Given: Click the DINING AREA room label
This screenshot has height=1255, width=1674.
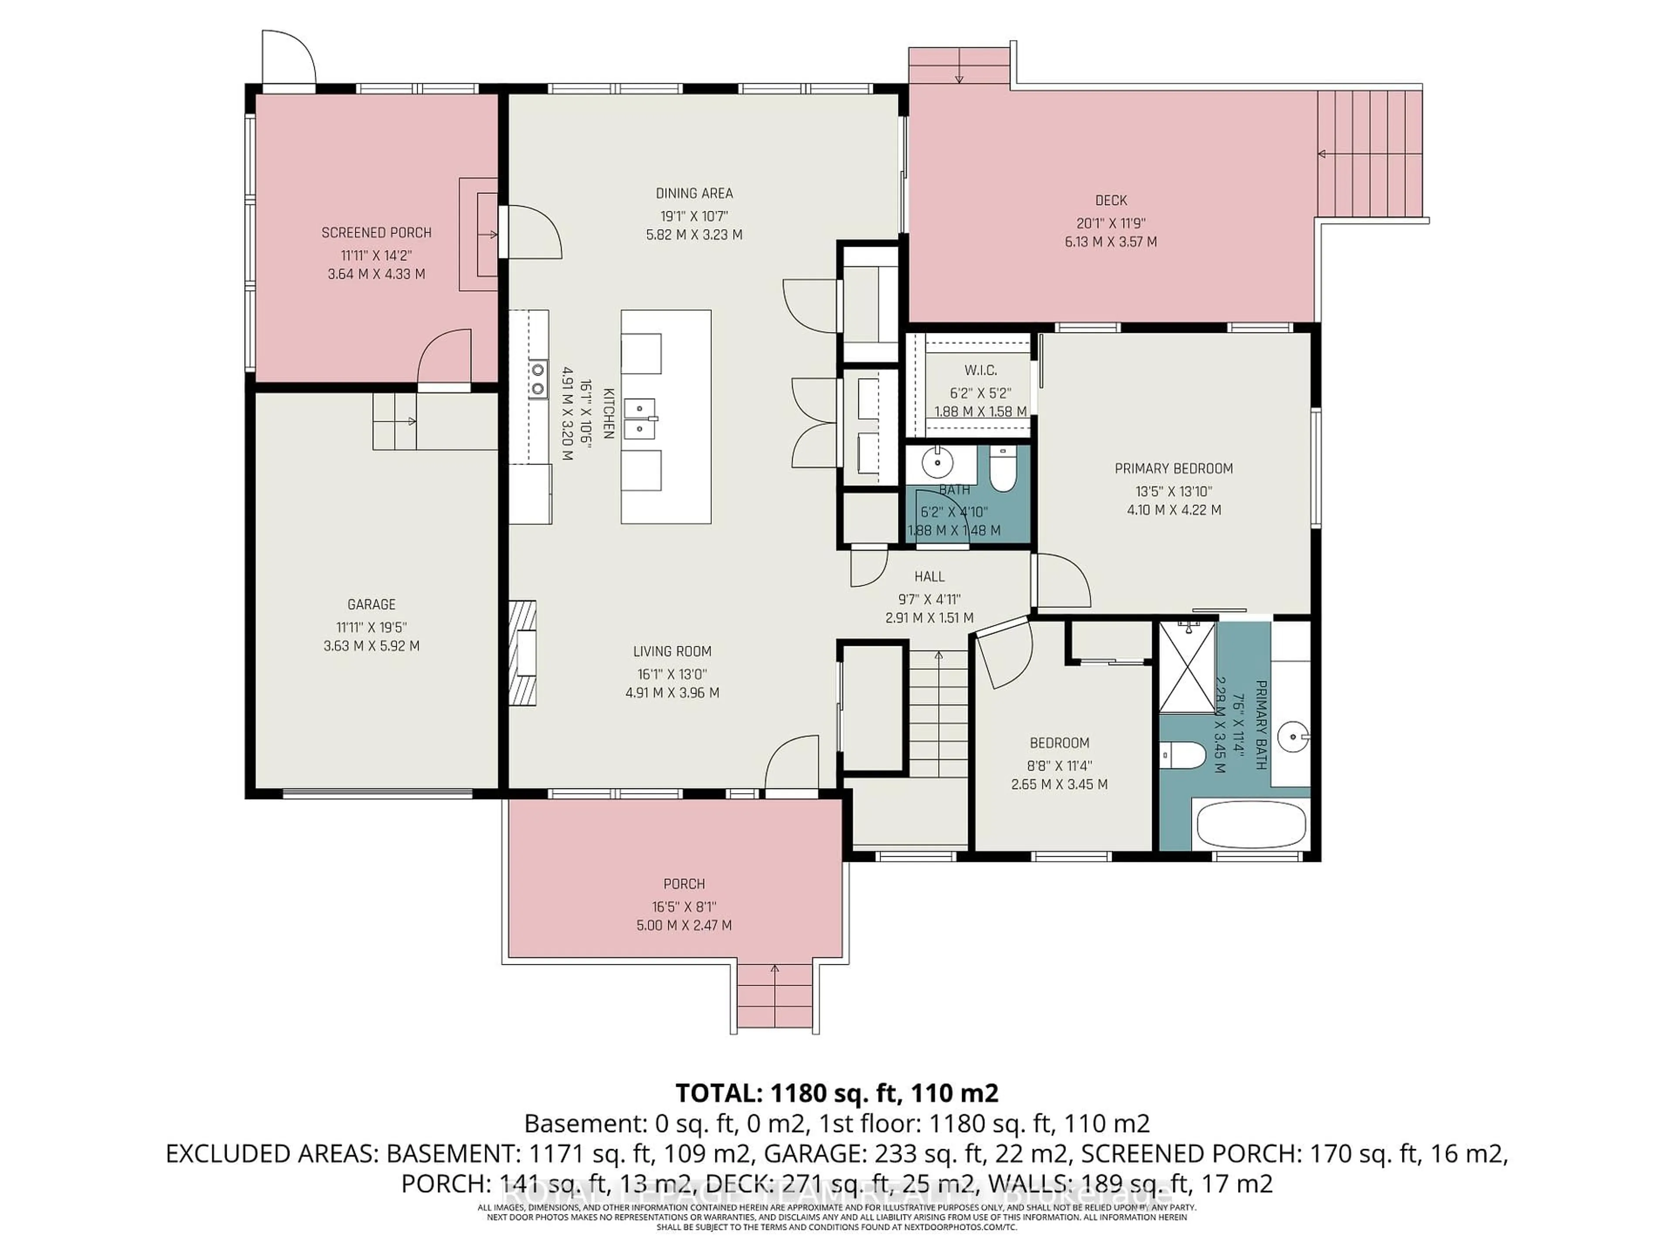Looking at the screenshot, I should pos(694,193).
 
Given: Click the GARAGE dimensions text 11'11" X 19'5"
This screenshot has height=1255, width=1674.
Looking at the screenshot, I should pos(371,627).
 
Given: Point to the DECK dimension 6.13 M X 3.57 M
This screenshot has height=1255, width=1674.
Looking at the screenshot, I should pos(1110,242).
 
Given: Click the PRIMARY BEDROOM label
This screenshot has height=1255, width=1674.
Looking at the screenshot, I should pos(1173,469).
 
